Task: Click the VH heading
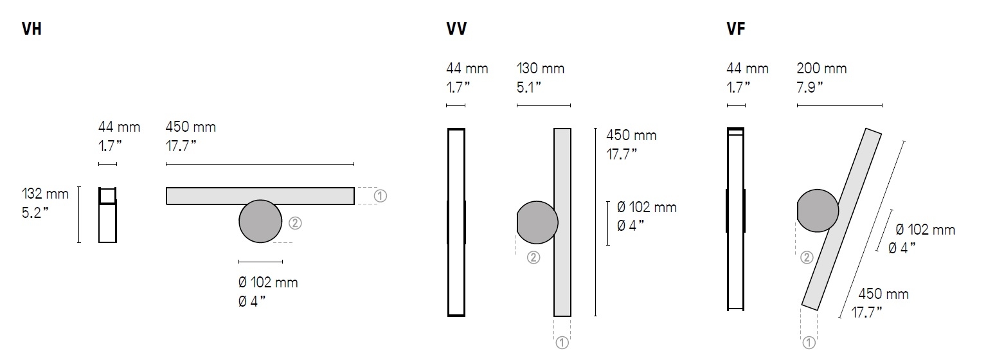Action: point(31,29)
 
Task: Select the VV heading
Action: point(456,29)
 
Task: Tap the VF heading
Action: point(736,29)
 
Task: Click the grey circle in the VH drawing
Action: point(260,221)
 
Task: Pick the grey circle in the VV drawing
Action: point(537,222)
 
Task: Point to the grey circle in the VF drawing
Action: point(818,211)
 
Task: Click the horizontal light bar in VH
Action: point(260,196)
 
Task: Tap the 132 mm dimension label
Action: point(45,194)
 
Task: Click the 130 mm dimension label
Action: point(541,68)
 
